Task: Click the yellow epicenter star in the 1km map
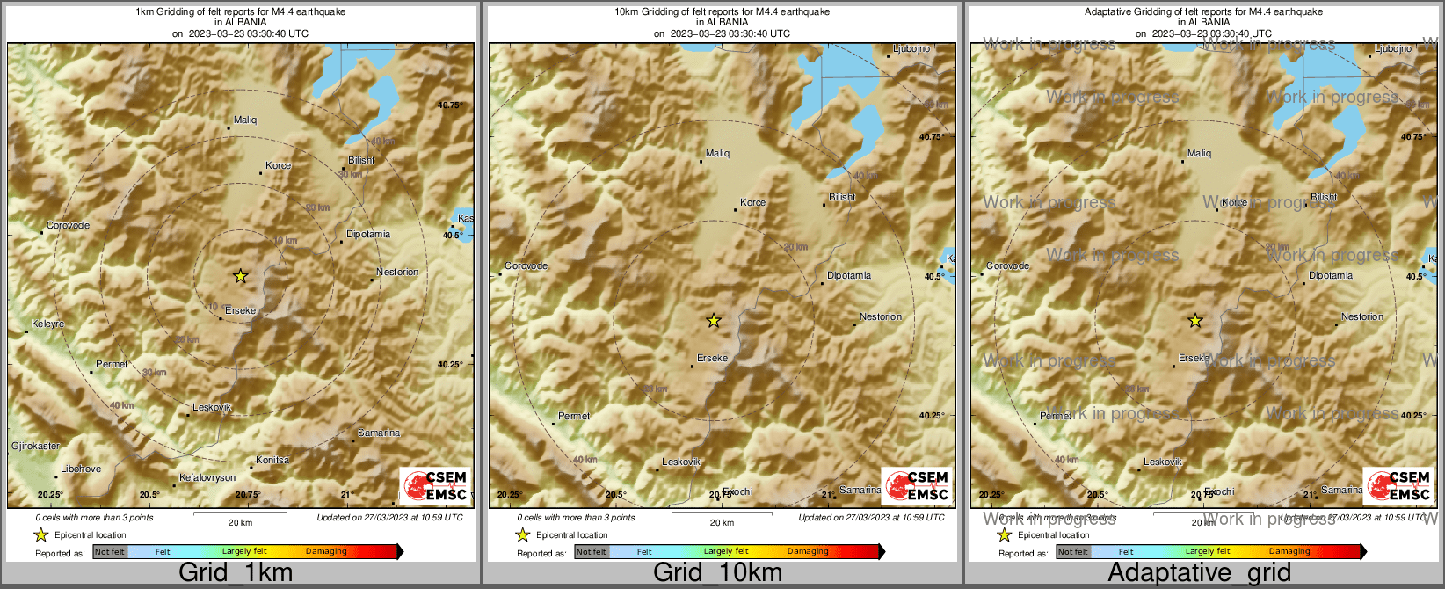point(240,276)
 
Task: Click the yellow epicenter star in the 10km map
point(714,321)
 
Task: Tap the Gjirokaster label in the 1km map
point(36,446)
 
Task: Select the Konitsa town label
point(272,460)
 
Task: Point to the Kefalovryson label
point(207,477)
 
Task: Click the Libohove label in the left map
point(81,469)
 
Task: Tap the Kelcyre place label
point(48,324)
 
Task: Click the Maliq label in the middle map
point(717,153)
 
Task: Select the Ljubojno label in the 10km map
point(911,49)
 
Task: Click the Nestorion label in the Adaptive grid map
point(1362,316)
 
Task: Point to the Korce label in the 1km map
point(278,165)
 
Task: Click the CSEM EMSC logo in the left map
point(435,485)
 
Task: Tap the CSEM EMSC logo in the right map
point(1398,485)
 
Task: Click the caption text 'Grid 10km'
point(717,573)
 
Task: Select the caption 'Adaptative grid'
point(1199,573)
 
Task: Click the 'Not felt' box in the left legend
point(110,552)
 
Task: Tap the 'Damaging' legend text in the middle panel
point(808,552)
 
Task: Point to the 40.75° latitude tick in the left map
point(450,105)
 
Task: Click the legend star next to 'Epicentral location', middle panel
point(522,534)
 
